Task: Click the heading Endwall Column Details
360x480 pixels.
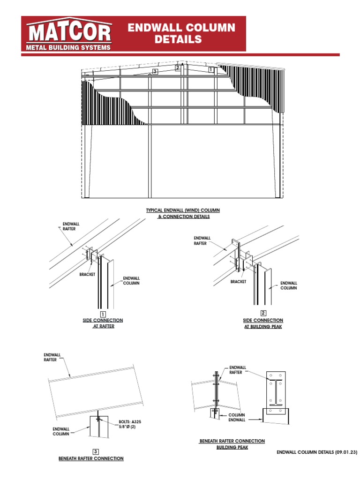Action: (x=181, y=33)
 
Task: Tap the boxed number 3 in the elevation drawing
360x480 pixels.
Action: (x=155, y=72)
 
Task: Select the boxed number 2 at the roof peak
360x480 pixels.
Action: (x=178, y=68)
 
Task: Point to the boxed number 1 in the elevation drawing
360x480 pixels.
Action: (x=211, y=69)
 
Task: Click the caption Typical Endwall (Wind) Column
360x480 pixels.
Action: (x=183, y=210)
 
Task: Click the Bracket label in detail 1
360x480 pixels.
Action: (x=87, y=274)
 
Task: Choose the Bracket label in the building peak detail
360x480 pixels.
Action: (x=239, y=282)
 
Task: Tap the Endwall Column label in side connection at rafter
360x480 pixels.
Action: (x=131, y=280)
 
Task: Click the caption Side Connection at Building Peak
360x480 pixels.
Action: (x=263, y=323)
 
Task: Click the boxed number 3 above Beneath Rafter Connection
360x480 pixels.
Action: (x=96, y=451)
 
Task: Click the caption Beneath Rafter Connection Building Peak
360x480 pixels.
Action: (x=232, y=444)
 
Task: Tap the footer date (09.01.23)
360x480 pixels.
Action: (x=346, y=452)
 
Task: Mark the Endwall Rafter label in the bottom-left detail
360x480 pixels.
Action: (x=50, y=358)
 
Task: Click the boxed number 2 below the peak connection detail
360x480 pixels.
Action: (x=263, y=313)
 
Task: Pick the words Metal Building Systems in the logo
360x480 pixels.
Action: (x=68, y=47)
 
